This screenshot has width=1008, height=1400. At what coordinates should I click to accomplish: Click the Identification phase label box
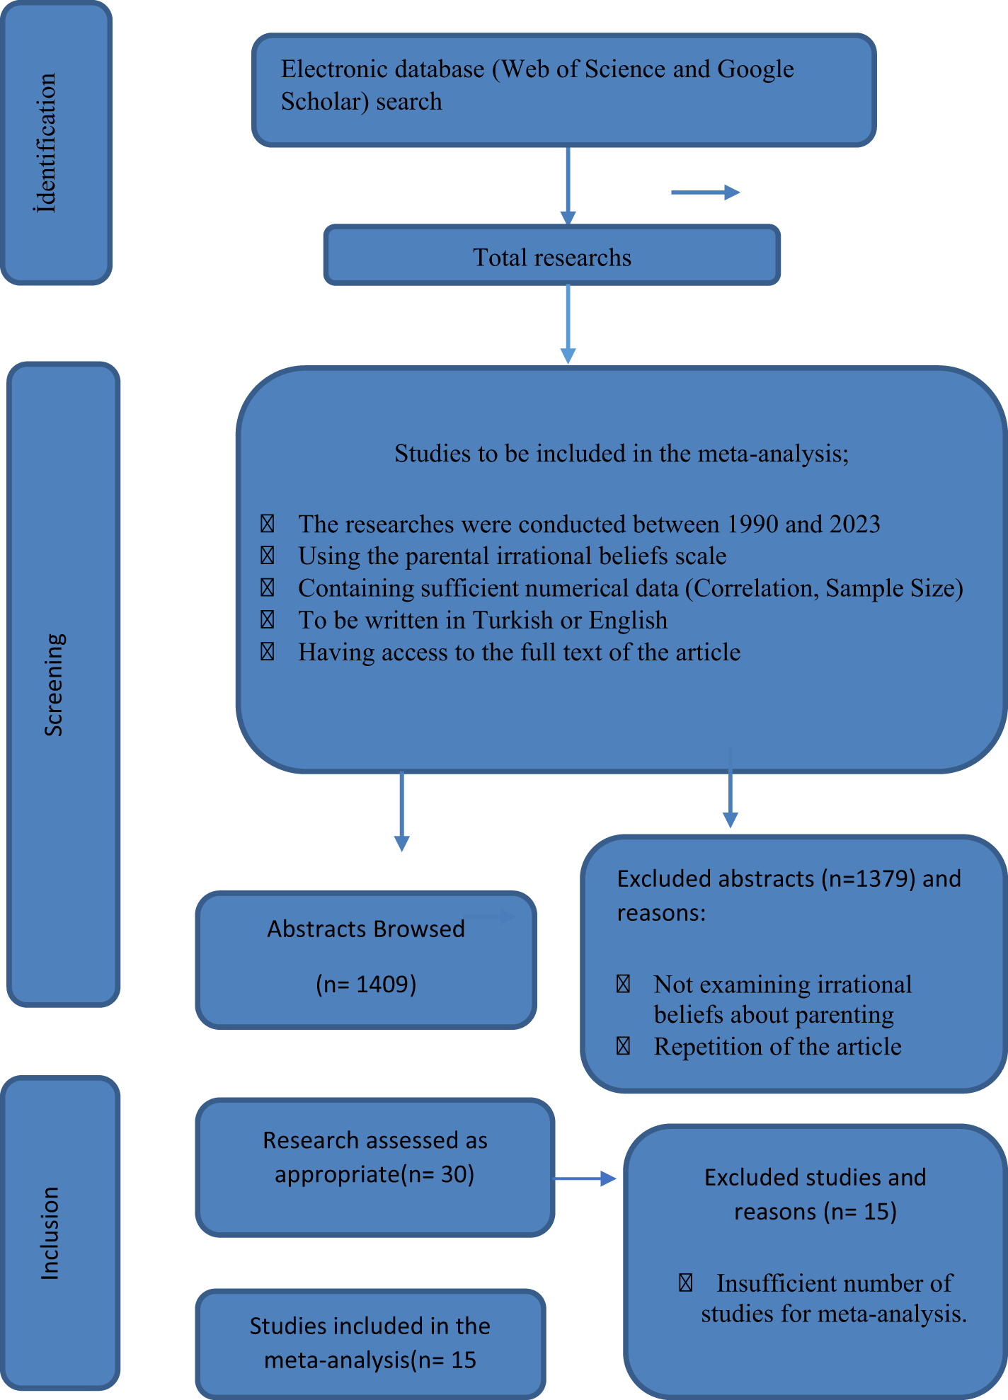[56, 144]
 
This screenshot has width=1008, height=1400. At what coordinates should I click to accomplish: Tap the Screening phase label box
[63, 684]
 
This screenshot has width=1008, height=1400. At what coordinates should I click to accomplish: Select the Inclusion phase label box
[59, 1233]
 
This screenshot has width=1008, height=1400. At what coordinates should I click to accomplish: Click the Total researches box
[551, 256]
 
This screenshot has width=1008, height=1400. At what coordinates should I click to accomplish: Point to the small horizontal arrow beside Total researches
[705, 192]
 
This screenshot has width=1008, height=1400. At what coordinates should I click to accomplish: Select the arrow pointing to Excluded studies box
[585, 1178]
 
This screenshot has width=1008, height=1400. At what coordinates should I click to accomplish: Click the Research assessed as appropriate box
[374, 1167]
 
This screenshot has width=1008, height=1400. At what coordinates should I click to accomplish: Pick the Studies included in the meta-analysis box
[370, 1343]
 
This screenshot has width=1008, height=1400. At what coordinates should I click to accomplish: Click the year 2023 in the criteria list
[854, 524]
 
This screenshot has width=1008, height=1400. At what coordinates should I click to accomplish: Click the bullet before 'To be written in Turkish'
[268, 620]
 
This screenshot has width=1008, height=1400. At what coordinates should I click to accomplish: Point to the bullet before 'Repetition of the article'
[623, 1046]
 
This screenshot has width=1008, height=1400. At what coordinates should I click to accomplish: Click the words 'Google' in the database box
[755, 69]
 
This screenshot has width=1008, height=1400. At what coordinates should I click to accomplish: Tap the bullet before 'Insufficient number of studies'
[685, 1283]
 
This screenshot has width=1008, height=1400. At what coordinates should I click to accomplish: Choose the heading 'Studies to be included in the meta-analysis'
[621, 454]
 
